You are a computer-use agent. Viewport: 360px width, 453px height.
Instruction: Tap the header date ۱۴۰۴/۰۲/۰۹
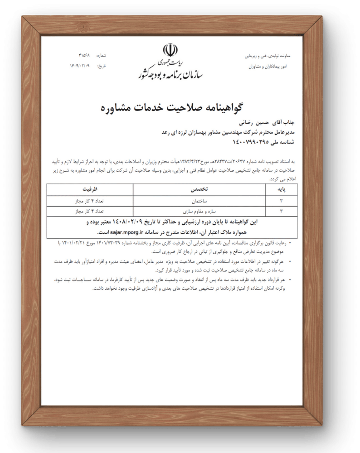[x=80, y=66]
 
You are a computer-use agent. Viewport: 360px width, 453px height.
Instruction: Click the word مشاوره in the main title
[x=118, y=108]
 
